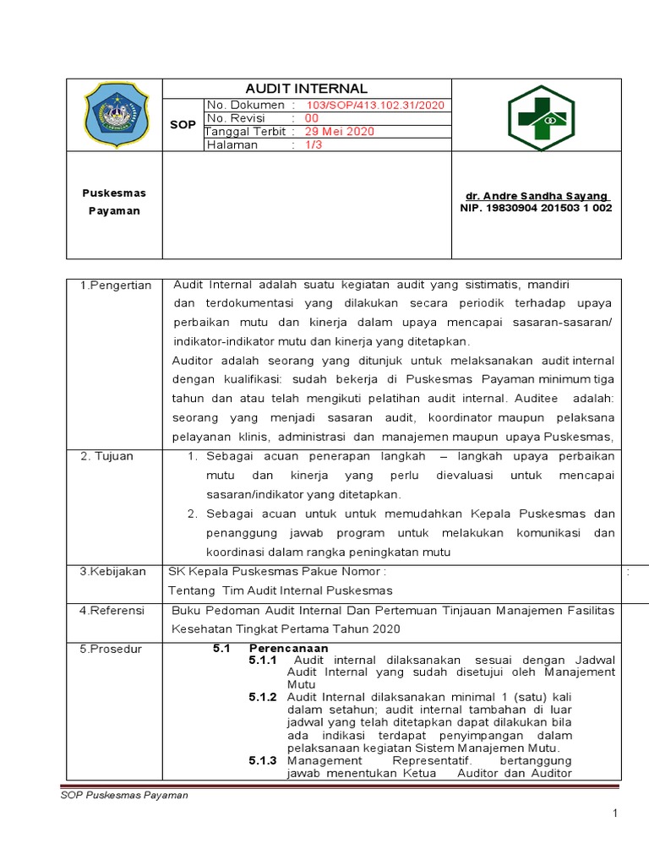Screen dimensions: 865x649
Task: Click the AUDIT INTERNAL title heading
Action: click(306, 89)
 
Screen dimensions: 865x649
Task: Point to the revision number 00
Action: click(311, 118)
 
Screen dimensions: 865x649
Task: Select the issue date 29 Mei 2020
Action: click(339, 132)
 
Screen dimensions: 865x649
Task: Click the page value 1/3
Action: click(313, 144)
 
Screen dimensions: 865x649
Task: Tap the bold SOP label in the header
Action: click(183, 124)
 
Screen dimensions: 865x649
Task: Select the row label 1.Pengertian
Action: click(116, 286)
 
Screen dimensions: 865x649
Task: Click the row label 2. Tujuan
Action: click(107, 456)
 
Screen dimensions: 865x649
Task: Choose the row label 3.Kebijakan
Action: click(113, 572)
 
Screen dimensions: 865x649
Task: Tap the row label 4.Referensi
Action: click(112, 610)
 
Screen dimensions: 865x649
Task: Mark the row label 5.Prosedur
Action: click(112, 649)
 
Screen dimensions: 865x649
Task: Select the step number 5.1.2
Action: click(263, 697)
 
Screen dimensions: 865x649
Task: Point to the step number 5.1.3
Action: click(263, 760)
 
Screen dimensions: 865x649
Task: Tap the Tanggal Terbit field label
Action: click(245, 132)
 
